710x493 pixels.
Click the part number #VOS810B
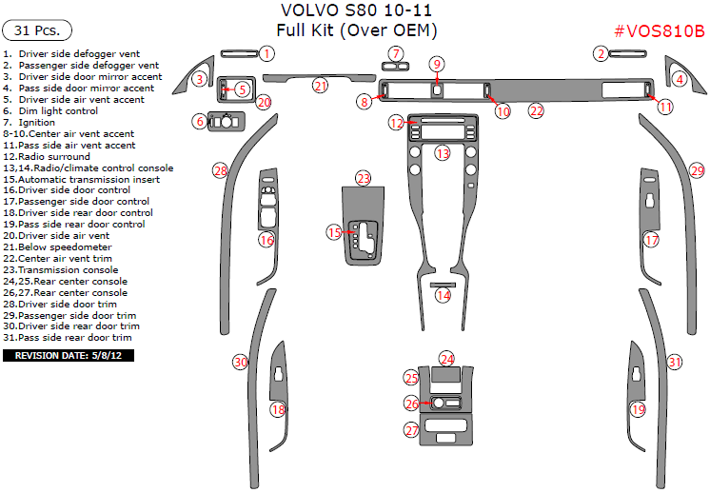pyautogui.click(x=659, y=30)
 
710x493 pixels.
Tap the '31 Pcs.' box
pyautogui.click(x=37, y=30)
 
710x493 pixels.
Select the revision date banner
pyautogui.click(x=69, y=355)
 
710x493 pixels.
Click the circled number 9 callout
pyautogui.click(x=437, y=65)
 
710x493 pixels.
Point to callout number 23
pyautogui.click(x=364, y=178)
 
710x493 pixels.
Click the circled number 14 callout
pyautogui.click(x=444, y=295)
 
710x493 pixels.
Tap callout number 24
pyautogui.click(x=447, y=359)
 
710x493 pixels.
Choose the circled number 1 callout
pyautogui.click(x=267, y=53)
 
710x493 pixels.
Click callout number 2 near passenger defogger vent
pyautogui.click(x=602, y=53)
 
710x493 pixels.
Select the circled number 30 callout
pyautogui.click(x=241, y=362)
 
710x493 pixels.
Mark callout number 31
pyautogui.click(x=675, y=362)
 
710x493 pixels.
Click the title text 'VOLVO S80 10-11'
pyautogui.click(x=354, y=11)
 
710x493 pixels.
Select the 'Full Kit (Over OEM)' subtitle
pyautogui.click(x=356, y=30)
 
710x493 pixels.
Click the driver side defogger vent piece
pyautogui.click(x=235, y=53)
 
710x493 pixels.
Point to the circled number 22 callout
pyautogui.click(x=537, y=111)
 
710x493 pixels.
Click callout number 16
pyautogui.click(x=267, y=240)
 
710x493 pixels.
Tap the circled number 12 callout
pyautogui.click(x=396, y=124)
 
